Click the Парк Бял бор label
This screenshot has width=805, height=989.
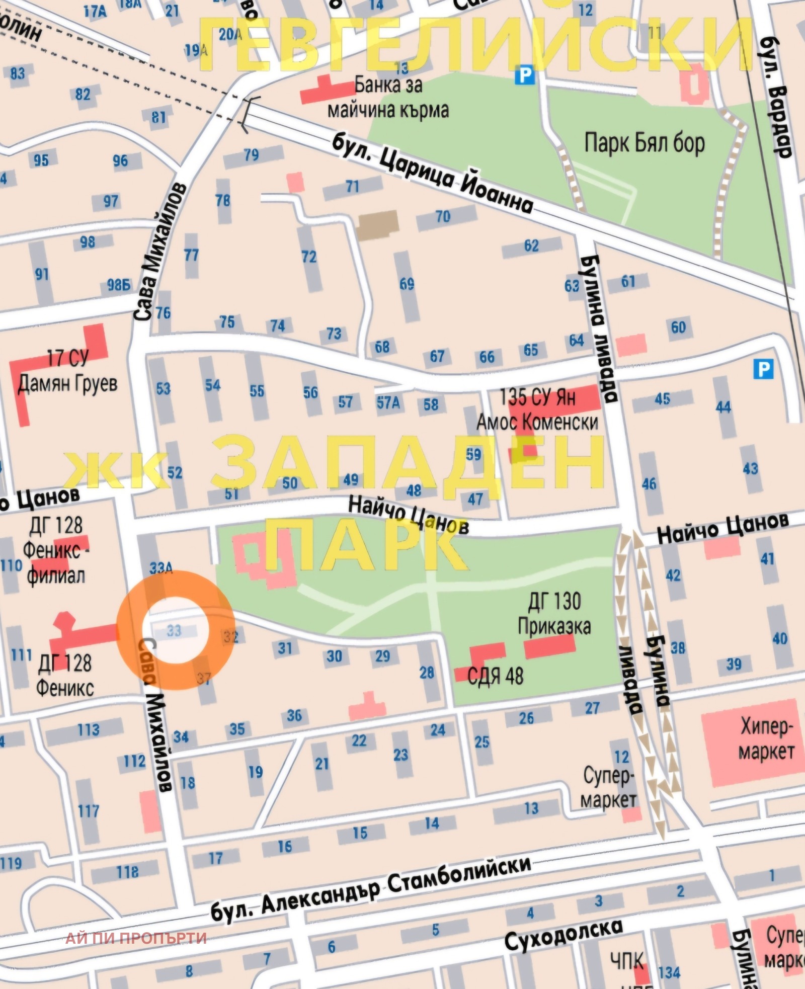pos(644,143)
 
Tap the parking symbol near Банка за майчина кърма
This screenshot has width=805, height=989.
pos(525,76)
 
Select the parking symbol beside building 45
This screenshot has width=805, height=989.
pos(763,370)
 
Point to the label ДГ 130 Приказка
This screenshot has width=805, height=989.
pos(554,614)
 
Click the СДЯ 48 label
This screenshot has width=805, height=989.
pos(495,676)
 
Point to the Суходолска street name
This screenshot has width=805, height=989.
pos(563,933)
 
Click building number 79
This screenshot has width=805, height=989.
pos(251,154)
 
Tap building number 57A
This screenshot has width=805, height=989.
pos(388,402)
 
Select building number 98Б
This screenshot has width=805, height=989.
pos(119,285)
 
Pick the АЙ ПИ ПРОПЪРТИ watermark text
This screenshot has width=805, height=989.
pos(136,938)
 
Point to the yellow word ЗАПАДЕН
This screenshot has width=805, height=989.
pos(408,463)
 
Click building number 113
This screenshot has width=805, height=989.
pos(88,729)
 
